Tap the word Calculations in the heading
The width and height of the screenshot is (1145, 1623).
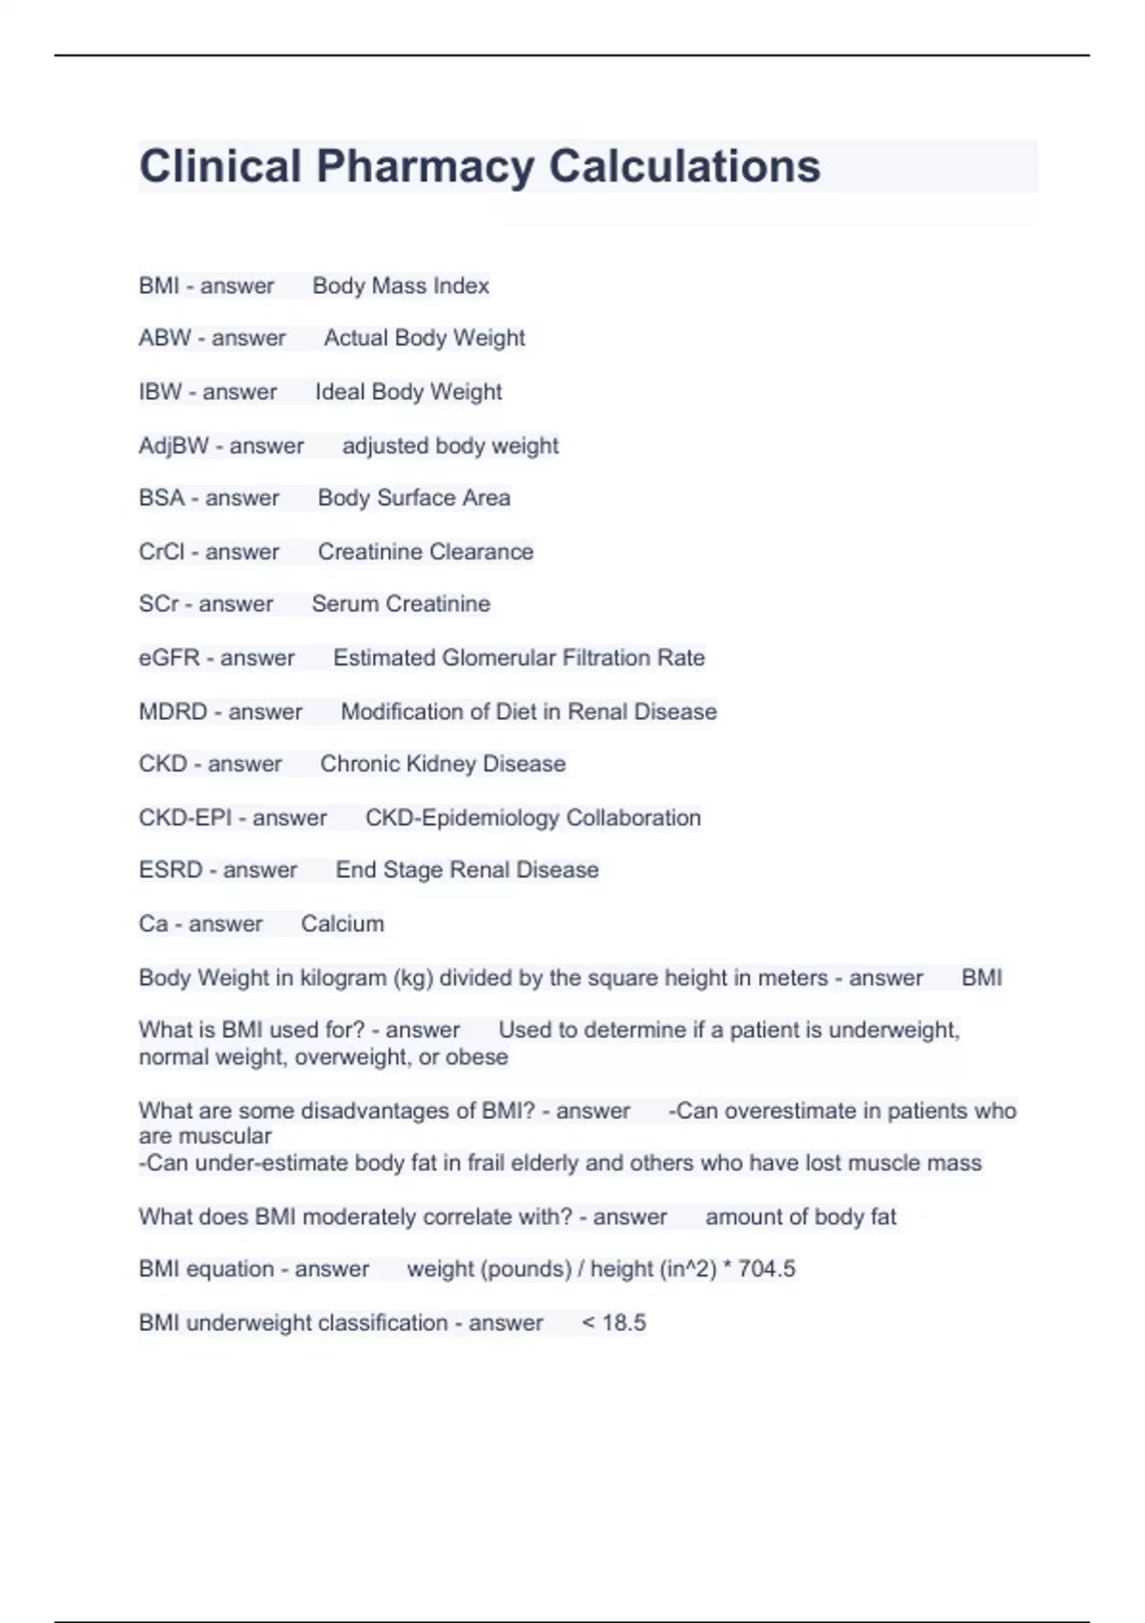point(684,166)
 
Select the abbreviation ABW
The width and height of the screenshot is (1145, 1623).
point(164,338)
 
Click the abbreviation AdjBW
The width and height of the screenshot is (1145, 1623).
point(174,446)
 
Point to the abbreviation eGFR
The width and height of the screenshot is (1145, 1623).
point(169,658)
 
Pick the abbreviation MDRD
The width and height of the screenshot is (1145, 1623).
point(173,712)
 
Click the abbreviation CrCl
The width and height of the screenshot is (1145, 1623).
point(161,552)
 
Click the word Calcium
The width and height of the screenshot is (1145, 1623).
point(343,924)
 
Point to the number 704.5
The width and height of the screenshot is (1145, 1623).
point(766,1269)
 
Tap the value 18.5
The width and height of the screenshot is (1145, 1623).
point(624,1323)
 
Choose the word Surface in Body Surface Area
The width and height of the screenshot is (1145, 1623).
point(415,498)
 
